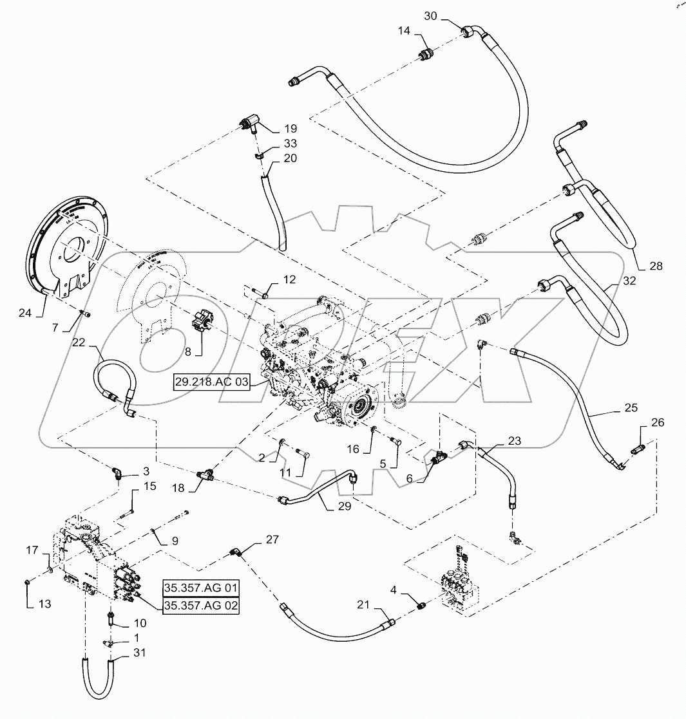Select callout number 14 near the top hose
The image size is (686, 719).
point(402,30)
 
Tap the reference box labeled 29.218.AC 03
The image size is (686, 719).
point(211,382)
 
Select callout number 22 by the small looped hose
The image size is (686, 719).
point(79,344)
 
